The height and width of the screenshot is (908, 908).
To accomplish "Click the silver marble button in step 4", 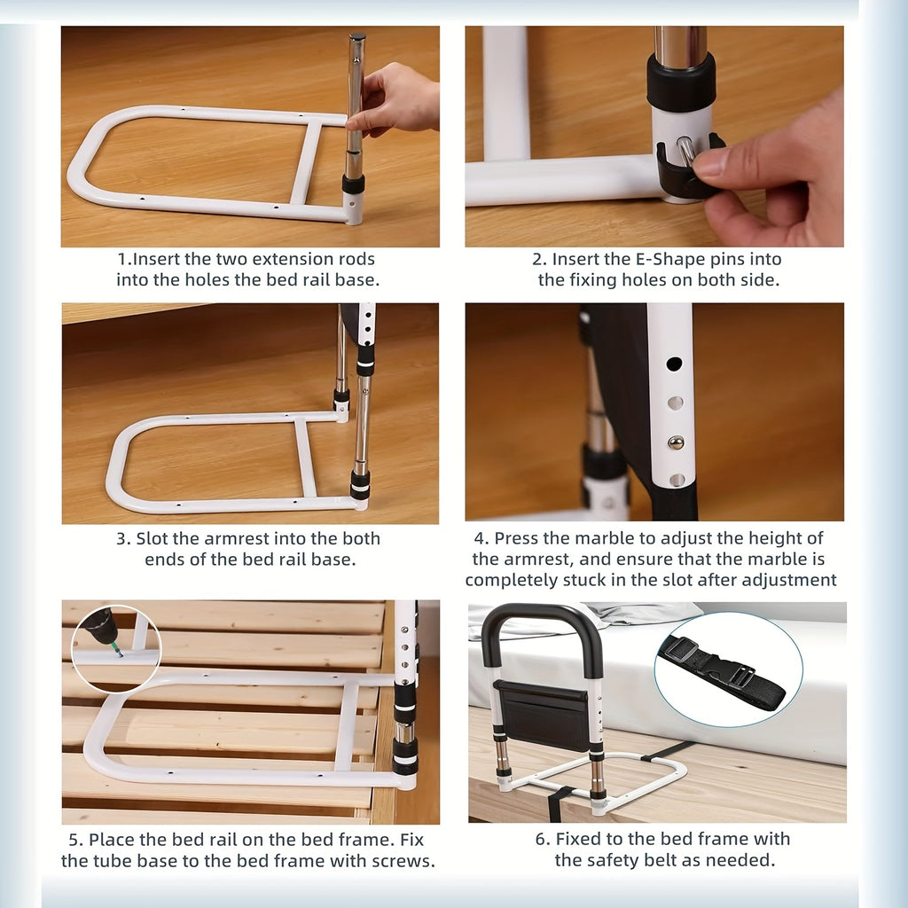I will point(676,441).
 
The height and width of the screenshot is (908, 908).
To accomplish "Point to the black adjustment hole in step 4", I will point(674,364).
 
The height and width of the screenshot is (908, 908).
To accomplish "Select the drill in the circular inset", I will point(101,628).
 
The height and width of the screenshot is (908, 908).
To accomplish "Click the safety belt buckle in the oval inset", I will point(729,673).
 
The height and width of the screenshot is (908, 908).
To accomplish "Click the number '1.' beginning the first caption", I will point(124,259).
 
